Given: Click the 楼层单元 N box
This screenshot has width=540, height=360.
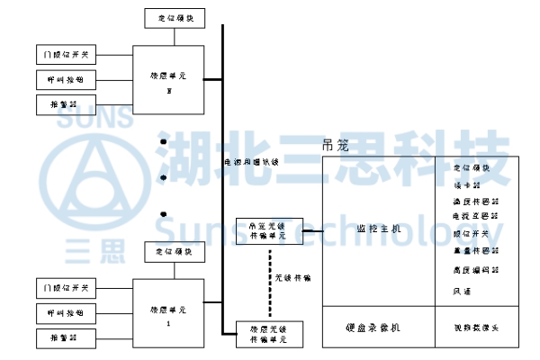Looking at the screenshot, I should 168,79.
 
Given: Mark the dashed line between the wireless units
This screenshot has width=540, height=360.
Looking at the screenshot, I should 269,282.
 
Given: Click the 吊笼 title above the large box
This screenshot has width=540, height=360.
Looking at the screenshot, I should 334,146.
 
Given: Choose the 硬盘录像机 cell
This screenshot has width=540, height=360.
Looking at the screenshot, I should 378,328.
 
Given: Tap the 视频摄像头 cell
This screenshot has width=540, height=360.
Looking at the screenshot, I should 475,328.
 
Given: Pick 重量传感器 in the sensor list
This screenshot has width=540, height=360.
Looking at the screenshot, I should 475,251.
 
